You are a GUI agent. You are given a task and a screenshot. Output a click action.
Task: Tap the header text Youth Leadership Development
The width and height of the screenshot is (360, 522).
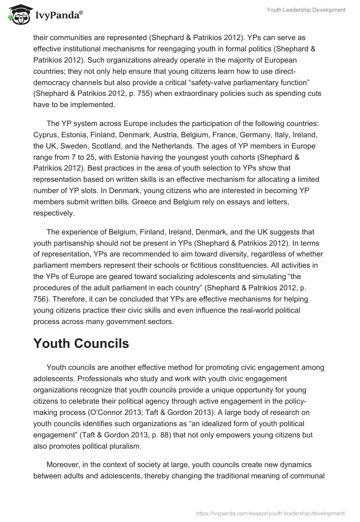307,9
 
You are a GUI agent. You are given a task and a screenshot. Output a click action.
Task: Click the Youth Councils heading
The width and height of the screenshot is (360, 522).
81,343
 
